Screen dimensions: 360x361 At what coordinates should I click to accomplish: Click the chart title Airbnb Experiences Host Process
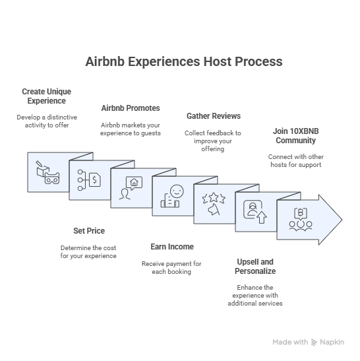click(184, 61)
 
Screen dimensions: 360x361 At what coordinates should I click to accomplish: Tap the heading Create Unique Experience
click(46, 96)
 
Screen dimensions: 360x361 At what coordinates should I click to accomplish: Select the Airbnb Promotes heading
click(131, 108)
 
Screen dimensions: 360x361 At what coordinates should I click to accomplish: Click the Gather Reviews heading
click(214, 116)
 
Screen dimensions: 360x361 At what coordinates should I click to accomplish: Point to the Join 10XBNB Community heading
click(295, 135)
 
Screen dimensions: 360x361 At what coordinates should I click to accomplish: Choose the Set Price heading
click(89, 231)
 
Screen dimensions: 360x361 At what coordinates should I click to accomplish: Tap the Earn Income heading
click(172, 247)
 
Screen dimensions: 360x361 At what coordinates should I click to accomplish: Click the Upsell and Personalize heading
click(255, 267)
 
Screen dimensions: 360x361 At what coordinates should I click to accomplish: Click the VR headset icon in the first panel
click(52, 179)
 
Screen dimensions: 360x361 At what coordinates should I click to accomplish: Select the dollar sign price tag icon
click(94, 180)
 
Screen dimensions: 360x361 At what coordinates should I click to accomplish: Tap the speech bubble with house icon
click(134, 183)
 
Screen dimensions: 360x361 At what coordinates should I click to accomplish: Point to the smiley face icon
click(177, 191)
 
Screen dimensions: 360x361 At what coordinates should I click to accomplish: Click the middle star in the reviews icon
click(214, 197)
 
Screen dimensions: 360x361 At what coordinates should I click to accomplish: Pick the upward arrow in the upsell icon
click(261, 217)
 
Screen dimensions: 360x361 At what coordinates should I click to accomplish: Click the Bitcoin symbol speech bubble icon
click(301, 213)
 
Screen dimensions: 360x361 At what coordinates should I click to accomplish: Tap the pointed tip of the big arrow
click(342, 220)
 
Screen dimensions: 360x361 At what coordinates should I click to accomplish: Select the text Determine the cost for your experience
click(88, 252)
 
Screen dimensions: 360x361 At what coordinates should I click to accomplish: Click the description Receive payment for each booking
click(171, 267)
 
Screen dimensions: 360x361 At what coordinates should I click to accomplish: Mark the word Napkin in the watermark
click(332, 342)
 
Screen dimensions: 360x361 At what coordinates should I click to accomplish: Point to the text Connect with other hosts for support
click(296, 160)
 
